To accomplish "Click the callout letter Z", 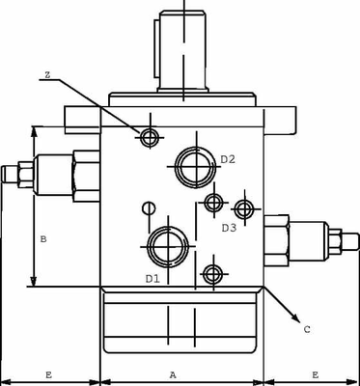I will [x=47, y=74].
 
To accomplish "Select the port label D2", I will [x=228, y=159].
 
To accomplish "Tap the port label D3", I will [x=229, y=228].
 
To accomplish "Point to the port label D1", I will [x=152, y=278].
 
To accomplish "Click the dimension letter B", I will [x=41, y=237].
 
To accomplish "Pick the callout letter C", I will [x=306, y=330].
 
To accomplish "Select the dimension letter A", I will [x=173, y=373].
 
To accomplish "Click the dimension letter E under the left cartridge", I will [x=48, y=373].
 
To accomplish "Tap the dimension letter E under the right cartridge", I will [x=315, y=373].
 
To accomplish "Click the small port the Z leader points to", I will [x=149, y=137].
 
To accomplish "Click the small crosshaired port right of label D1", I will [x=210, y=273].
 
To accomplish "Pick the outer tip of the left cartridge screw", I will [x=5, y=175].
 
